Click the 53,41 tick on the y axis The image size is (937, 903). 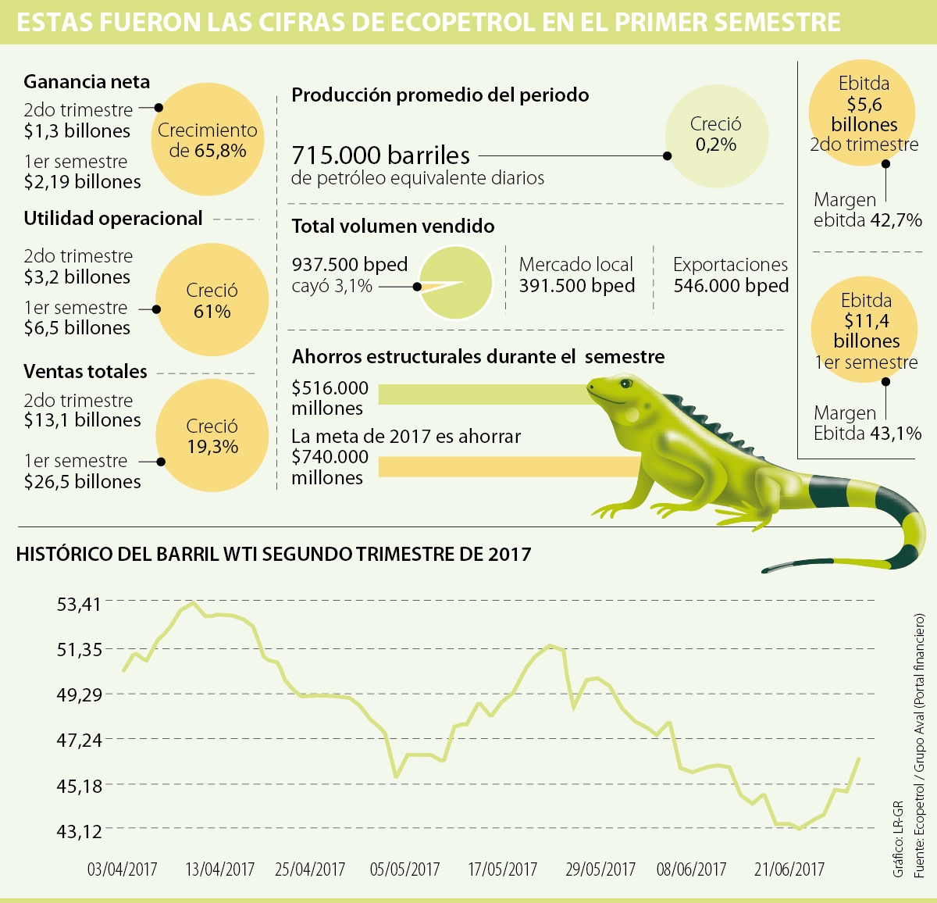[x=78, y=604]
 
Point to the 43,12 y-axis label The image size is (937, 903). [x=78, y=831]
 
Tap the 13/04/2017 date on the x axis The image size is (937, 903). [x=220, y=869]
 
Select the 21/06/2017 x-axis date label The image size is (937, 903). [x=789, y=869]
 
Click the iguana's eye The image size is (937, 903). [x=625, y=384]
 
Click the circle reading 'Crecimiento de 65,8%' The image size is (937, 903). [x=208, y=140]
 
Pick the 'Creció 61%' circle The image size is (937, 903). [x=212, y=301]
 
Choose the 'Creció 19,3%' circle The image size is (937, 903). [x=212, y=436]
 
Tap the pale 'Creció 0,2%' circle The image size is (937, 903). [x=716, y=134]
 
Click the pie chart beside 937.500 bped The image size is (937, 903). [x=457, y=283]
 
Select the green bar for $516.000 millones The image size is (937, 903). [x=484, y=394]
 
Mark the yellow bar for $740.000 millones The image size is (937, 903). [x=508, y=466]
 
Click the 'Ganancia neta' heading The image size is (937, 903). [x=87, y=82]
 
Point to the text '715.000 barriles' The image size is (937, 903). [x=381, y=155]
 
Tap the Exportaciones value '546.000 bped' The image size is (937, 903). [x=731, y=286]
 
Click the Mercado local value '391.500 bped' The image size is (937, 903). [x=576, y=286]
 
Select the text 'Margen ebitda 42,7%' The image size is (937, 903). [x=868, y=210]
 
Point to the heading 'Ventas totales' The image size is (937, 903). [x=85, y=371]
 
